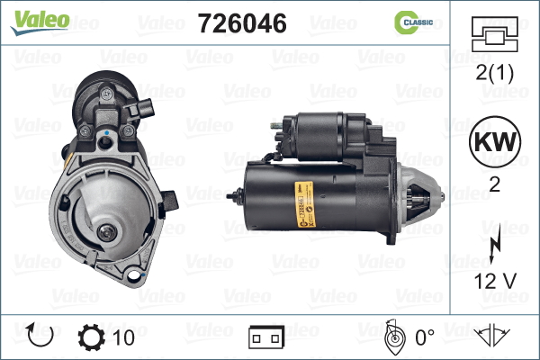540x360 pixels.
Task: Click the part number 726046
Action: (x=242, y=23)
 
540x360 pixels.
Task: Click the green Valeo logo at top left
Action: (x=40, y=22)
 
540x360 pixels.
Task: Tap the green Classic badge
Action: (x=414, y=22)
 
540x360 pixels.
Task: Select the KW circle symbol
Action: (x=495, y=141)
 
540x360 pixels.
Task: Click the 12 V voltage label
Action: (x=495, y=281)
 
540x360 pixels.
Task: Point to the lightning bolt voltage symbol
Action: (x=495, y=244)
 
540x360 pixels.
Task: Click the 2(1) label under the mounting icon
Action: (x=494, y=73)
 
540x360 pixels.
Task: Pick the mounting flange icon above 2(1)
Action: (x=494, y=34)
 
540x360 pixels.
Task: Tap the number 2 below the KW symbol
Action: (x=494, y=185)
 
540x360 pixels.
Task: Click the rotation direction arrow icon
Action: (x=40, y=335)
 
